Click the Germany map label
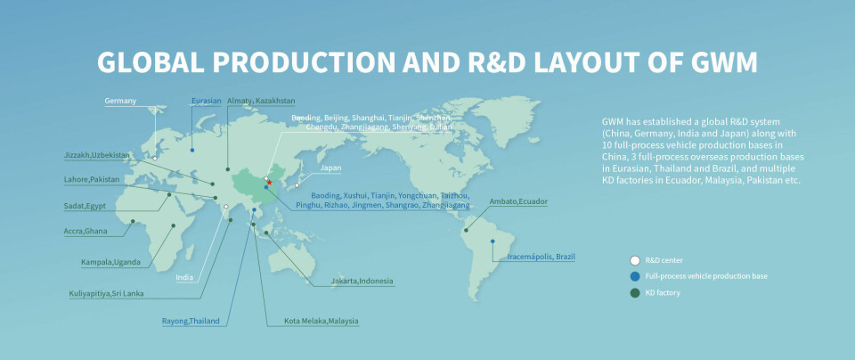(x=120, y=101)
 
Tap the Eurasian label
(x=206, y=101)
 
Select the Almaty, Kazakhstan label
(x=261, y=101)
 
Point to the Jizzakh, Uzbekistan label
(x=97, y=155)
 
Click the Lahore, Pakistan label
(x=92, y=180)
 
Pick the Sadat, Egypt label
(x=87, y=205)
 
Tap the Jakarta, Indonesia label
(x=362, y=282)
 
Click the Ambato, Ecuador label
(x=518, y=201)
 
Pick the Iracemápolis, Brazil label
(x=541, y=257)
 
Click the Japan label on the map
(x=330, y=168)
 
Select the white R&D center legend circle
(x=634, y=260)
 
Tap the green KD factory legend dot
(x=634, y=291)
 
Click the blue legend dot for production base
(x=634, y=276)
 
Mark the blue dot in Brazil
(x=493, y=241)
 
